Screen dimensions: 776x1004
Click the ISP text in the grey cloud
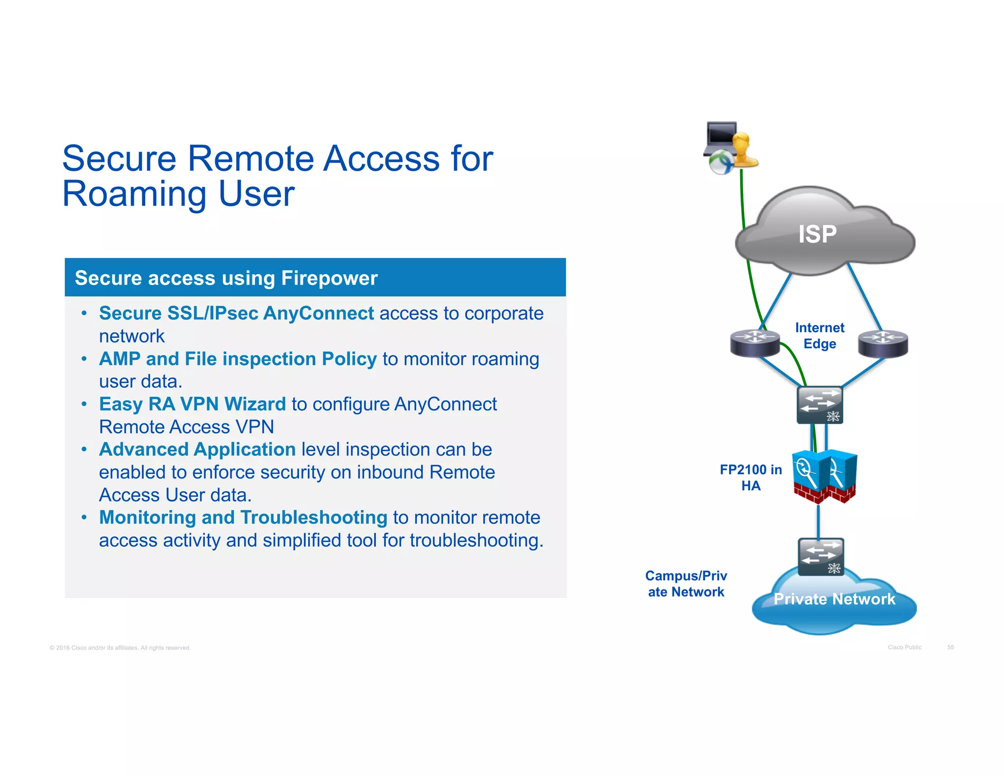pos(817,234)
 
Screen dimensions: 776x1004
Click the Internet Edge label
pos(819,336)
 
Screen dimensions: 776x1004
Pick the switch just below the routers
pos(819,405)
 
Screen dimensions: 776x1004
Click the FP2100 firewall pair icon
pos(824,476)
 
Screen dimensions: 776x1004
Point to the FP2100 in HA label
pos(751,477)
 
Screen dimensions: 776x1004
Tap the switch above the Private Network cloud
pos(821,556)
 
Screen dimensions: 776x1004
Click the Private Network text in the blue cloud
pos(834,599)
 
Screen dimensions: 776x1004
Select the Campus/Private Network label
pos(686,584)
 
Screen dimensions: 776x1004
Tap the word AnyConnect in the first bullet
pos(318,313)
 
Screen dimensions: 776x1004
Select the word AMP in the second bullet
pos(120,359)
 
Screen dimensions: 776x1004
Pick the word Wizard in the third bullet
pos(255,404)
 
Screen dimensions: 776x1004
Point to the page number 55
pos(950,647)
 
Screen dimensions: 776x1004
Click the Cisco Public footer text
pos(904,647)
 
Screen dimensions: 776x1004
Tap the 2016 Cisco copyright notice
pos(120,648)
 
